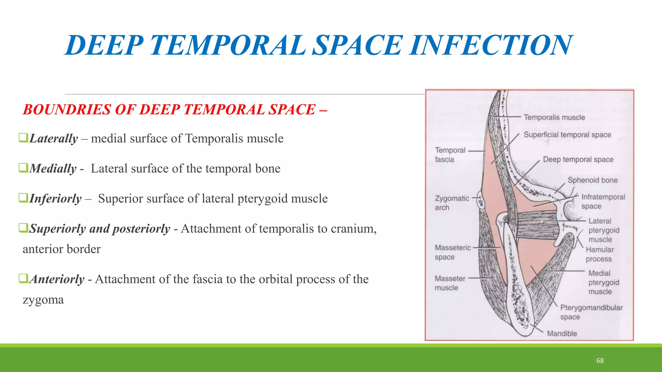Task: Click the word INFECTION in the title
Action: (491, 45)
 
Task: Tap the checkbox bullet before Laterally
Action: (23, 138)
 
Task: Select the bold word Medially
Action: (53, 169)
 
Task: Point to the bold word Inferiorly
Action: (56, 199)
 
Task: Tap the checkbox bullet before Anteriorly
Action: (23, 278)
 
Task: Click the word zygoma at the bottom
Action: (43, 300)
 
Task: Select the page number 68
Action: (600, 361)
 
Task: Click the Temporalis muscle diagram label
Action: (554, 117)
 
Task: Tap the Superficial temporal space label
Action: (567, 135)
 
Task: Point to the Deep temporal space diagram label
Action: (578, 160)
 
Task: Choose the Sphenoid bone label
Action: (593, 180)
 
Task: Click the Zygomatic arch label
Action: (452, 203)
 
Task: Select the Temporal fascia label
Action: (450, 155)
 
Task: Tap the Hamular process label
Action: (599, 254)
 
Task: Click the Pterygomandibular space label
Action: (591, 312)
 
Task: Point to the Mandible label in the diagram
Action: (562, 334)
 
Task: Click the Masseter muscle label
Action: (450, 283)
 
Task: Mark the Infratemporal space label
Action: (603, 201)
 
